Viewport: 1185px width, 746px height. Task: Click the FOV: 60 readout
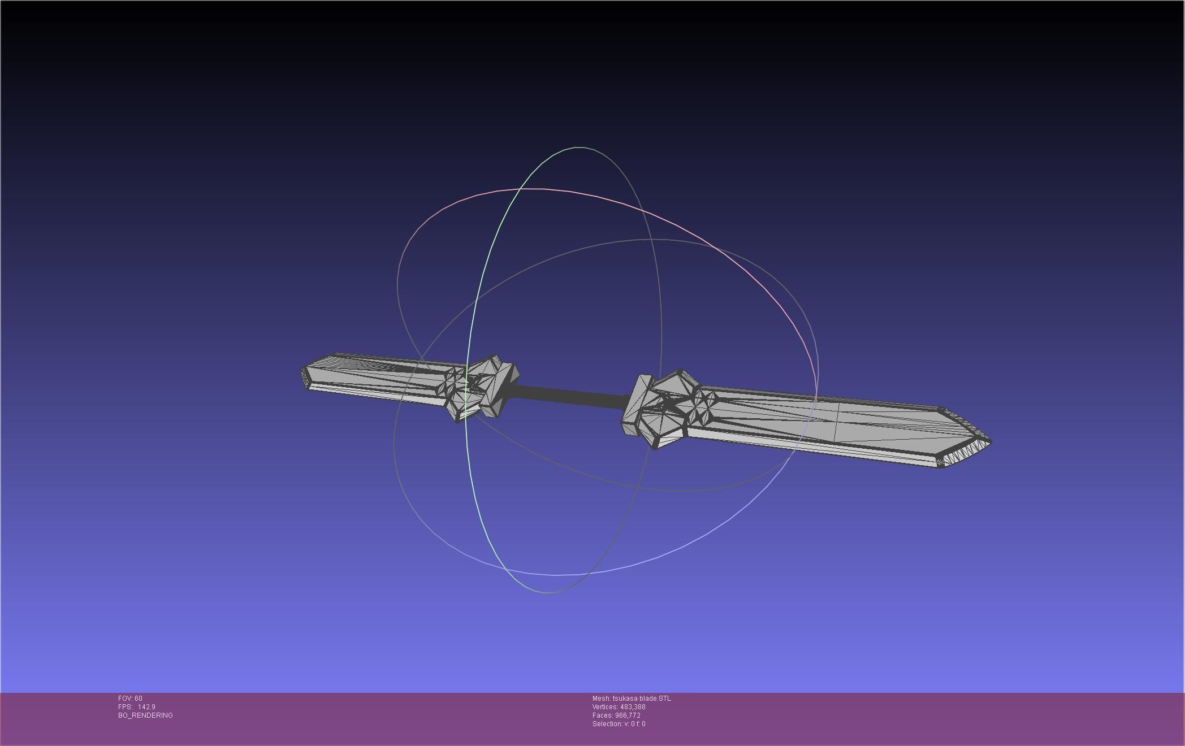[130, 699]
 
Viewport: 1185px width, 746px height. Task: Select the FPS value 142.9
[146, 707]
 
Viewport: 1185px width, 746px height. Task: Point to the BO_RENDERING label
[145, 715]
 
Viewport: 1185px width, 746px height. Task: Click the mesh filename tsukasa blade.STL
[642, 699]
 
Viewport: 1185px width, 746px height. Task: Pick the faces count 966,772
[628, 715]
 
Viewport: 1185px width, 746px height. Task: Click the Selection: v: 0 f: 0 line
[619, 724]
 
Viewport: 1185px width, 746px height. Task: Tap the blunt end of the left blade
[304, 374]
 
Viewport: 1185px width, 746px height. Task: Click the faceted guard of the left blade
[481, 387]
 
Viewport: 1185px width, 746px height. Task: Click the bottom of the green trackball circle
[547, 593]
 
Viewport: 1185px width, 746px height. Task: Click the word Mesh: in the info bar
[601, 699]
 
